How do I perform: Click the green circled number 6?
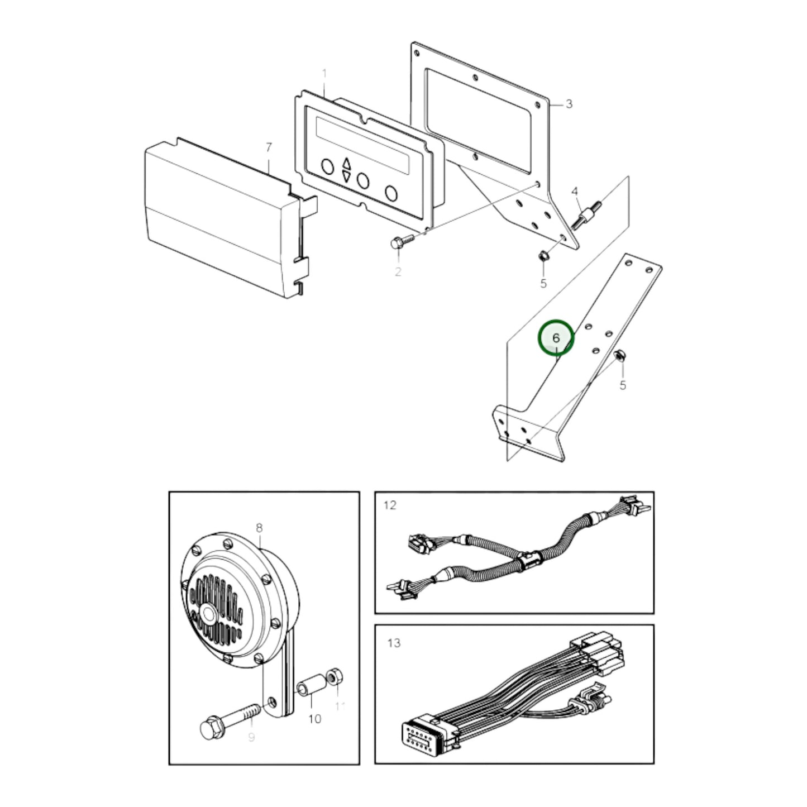(x=556, y=338)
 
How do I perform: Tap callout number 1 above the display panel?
(x=325, y=74)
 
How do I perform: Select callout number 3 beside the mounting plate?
(x=569, y=104)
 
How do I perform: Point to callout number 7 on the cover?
(x=269, y=147)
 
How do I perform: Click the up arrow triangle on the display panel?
(x=347, y=164)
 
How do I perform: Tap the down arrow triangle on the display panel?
(x=347, y=177)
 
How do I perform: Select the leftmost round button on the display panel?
(x=327, y=166)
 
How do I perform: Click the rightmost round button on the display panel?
(x=391, y=193)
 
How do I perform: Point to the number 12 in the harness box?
(x=390, y=505)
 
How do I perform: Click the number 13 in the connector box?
(x=394, y=643)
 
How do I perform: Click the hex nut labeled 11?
(x=335, y=677)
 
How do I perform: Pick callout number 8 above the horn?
(x=259, y=528)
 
